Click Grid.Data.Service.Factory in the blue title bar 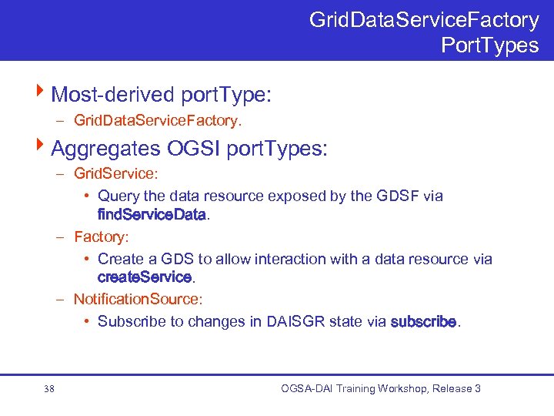tap(424, 19)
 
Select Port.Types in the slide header tap(489, 45)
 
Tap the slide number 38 tap(49, 389)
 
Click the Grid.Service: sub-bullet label tap(115, 173)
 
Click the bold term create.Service tap(144, 277)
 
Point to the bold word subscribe tap(423, 321)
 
